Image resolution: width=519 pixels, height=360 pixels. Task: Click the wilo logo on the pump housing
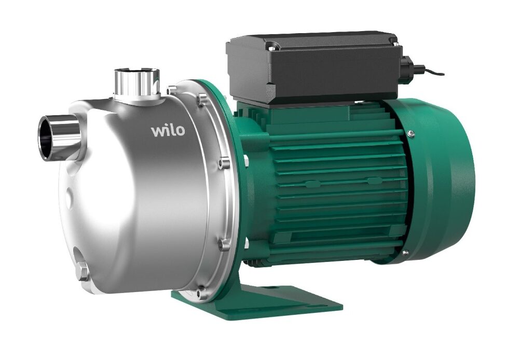point(168,130)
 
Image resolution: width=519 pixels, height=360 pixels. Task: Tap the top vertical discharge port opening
point(137,72)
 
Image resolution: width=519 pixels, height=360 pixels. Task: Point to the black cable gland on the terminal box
point(406,65)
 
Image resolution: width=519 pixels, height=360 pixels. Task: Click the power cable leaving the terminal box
point(430,71)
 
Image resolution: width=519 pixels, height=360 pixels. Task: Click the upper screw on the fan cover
point(411,133)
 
